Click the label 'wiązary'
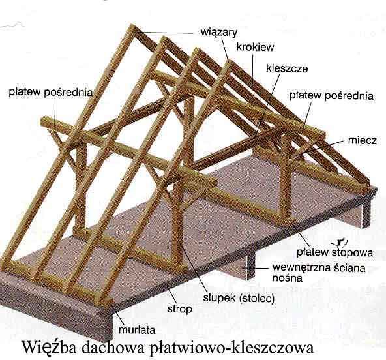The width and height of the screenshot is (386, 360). pos(219,33)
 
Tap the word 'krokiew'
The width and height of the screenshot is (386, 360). pos(255,47)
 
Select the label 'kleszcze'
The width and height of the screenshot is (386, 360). pos(287,68)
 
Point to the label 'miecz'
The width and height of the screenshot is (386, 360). pos(362,140)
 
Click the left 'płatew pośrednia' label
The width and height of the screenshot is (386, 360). pos(51,93)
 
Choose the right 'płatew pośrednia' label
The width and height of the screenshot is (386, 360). pos(331,95)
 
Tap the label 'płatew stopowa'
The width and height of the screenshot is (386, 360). pos(334,252)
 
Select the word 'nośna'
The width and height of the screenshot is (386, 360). pos(287,278)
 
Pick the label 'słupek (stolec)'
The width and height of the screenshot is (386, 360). pos(239,299)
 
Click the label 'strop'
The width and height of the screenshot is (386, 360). pos(179,309)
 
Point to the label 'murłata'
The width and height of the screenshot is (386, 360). pos(137,330)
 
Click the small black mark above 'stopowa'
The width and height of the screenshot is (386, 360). pos(340,242)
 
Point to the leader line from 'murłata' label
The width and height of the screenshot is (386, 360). pos(117,314)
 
